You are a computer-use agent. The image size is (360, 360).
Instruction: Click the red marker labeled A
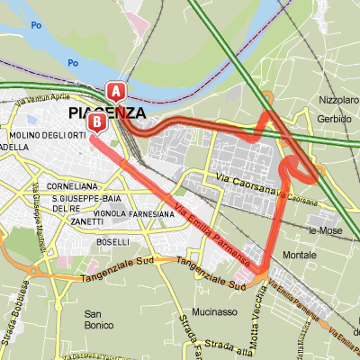tap(116, 91)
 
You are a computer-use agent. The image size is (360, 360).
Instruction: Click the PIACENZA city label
tap(106, 113)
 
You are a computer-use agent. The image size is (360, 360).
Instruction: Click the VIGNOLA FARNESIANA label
tap(134, 214)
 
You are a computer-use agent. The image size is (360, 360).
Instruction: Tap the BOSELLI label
tap(113, 242)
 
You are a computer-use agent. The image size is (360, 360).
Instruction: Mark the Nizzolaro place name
tap(338, 100)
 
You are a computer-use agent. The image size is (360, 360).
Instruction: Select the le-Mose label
tap(325, 230)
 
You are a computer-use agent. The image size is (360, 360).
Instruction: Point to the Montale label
tap(299, 255)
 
